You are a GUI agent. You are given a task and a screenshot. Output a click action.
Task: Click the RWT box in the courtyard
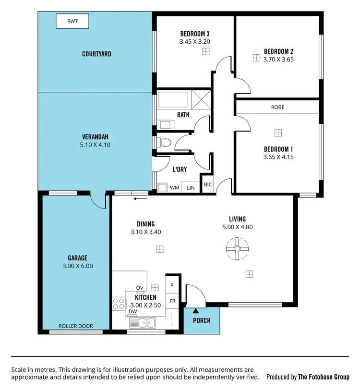point(72,21)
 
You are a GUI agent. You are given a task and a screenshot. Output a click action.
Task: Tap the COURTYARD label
point(96,54)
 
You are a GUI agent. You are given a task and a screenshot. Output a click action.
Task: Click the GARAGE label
point(77,258)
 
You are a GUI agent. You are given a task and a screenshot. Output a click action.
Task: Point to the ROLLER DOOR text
point(76,326)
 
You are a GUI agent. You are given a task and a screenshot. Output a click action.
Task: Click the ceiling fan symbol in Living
point(237,249)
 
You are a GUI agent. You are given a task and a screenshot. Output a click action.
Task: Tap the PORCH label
point(202,320)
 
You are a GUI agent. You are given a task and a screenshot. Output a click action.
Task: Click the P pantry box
point(172,285)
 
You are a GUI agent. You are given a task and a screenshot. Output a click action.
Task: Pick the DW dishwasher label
point(133,311)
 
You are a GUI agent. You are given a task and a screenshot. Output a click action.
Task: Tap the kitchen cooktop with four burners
point(118,304)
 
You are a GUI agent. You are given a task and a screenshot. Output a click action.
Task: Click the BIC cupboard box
point(207,184)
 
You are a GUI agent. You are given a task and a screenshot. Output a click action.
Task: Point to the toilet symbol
point(164,143)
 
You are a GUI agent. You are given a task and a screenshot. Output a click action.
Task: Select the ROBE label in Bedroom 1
point(277,107)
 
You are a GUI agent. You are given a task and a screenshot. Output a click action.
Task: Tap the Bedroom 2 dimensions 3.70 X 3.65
point(278,60)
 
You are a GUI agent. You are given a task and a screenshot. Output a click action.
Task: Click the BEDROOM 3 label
point(195,34)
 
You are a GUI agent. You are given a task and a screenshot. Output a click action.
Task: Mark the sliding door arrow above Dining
point(140,198)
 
